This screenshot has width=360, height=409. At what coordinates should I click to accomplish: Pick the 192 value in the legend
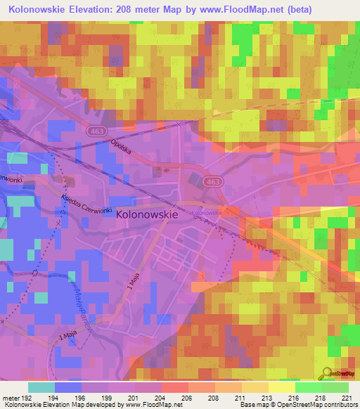(x=28, y=397)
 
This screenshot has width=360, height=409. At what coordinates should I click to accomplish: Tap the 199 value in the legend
(x=108, y=397)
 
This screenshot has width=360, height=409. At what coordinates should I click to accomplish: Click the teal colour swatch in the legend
(x=41, y=387)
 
